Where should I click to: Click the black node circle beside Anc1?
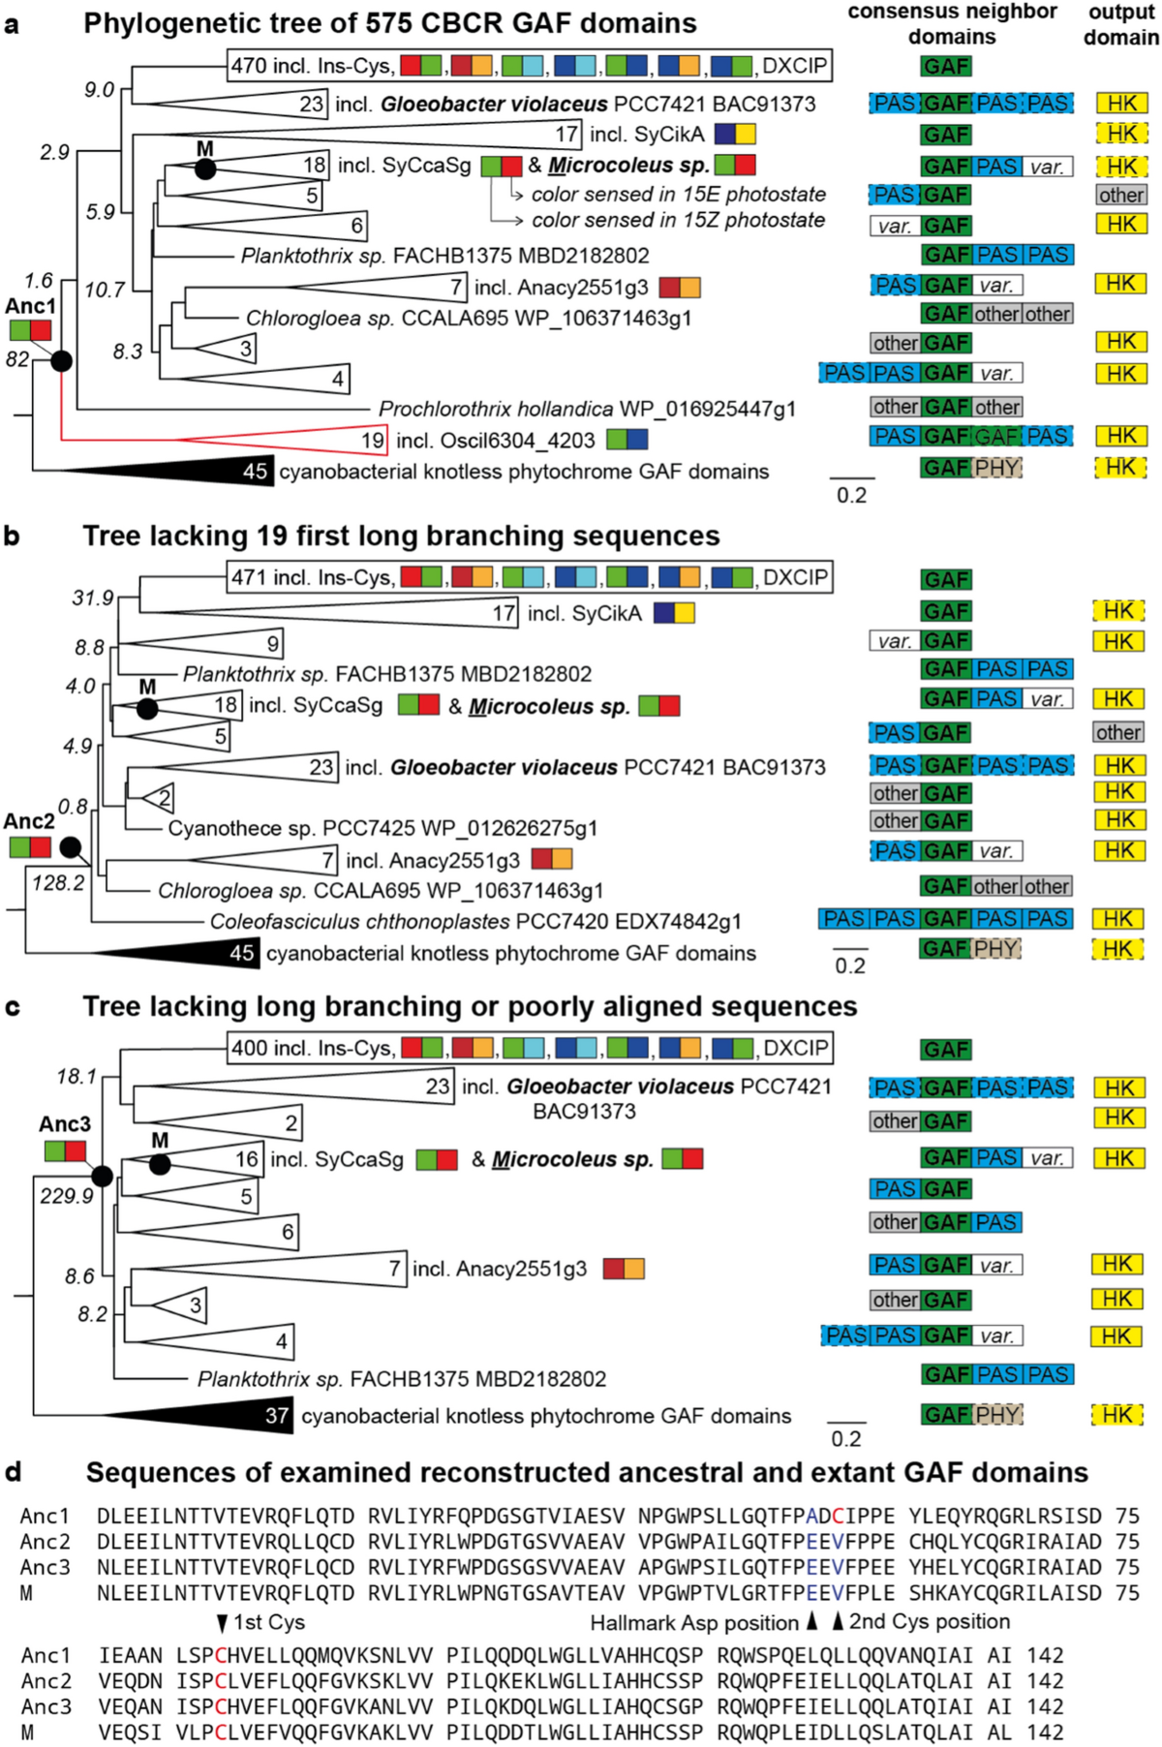pos(61,361)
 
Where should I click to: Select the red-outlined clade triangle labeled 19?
pos(320,441)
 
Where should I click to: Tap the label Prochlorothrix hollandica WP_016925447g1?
pos(587,409)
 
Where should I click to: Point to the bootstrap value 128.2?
pos(58,882)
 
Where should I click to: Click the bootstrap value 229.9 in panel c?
pos(67,1196)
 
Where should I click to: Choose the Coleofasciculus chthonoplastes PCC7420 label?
pos(475,921)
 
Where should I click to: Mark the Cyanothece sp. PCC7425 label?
pos(382,828)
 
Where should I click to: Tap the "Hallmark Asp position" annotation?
pos(694,1622)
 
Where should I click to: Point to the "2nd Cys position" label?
pos(929,1621)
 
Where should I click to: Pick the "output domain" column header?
pos(1120,25)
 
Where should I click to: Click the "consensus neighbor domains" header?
pos(952,24)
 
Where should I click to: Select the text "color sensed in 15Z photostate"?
pos(678,220)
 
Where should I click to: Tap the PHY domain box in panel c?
pos(996,1415)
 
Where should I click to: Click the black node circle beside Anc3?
pos(102,1176)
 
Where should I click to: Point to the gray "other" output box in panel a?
pos(1121,195)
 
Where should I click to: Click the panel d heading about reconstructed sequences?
pos(587,1472)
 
